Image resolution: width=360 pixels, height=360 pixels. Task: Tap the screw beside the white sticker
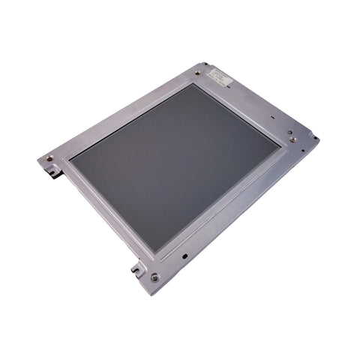coord(197,73)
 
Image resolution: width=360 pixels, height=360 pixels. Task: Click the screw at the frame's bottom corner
coord(154,277)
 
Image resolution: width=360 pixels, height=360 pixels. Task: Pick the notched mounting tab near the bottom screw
coord(137,268)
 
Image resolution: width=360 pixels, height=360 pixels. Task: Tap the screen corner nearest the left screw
coord(71,160)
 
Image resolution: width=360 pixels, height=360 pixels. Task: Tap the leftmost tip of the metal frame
coord(37,159)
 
